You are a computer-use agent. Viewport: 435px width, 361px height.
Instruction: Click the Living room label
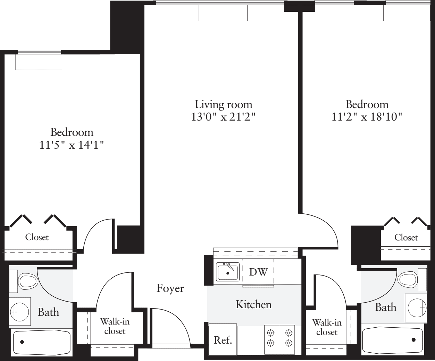(x=223, y=104)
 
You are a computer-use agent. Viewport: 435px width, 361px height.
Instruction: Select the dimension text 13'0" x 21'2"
(x=223, y=117)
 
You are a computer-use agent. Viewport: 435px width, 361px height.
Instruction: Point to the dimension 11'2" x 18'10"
(x=367, y=117)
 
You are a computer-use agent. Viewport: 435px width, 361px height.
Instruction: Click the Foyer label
(x=170, y=288)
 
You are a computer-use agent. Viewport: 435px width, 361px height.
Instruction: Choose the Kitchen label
(x=253, y=305)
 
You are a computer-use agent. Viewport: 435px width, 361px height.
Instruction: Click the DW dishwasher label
(x=258, y=272)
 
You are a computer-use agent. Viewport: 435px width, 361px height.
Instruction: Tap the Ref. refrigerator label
(x=223, y=340)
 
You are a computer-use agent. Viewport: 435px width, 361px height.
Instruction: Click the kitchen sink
(x=228, y=272)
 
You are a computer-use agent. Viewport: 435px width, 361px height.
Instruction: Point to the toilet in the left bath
(x=28, y=281)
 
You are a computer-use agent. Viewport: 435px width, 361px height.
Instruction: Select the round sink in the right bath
(x=417, y=308)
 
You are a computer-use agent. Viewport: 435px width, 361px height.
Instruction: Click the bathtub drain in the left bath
(x=22, y=342)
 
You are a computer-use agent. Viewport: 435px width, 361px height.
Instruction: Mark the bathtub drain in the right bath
(x=413, y=339)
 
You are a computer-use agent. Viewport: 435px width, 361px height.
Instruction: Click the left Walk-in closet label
(x=115, y=326)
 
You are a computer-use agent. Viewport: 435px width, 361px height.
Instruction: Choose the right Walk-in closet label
(x=327, y=327)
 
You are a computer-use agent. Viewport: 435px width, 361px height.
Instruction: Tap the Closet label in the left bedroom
(x=37, y=237)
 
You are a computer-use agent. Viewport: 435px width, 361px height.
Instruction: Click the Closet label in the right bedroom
(x=406, y=238)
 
